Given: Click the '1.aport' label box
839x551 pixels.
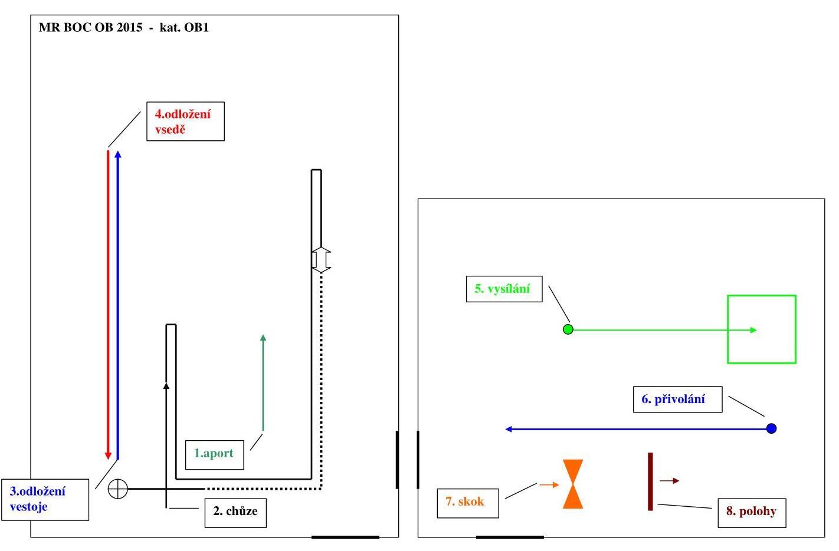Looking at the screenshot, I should click(x=214, y=454).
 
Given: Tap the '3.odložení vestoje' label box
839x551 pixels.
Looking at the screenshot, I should click(x=45, y=500).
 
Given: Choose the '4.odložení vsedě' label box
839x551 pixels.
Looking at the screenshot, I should click(x=185, y=122).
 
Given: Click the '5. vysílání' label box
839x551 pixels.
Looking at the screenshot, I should click(x=504, y=289).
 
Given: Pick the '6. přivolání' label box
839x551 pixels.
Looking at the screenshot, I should click(x=677, y=400).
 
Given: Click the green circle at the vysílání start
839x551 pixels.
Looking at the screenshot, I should click(x=568, y=329).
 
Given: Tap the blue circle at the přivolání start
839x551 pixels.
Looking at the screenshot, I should click(x=771, y=428).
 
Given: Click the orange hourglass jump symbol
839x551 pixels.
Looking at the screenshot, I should click(x=573, y=484).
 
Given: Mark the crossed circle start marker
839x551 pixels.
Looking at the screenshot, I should click(x=118, y=489).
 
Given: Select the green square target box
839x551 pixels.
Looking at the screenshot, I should click(x=762, y=329).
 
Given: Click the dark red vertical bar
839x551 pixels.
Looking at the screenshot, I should click(x=650, y=481).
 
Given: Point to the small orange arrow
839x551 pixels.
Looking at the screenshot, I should click(x=549, y=485).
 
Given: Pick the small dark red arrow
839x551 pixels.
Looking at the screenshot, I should click(x=670, y=481).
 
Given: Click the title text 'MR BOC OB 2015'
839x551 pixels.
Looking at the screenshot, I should click(x=90, y=28).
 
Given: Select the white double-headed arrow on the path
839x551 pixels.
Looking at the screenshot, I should click(x=321, y=259).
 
